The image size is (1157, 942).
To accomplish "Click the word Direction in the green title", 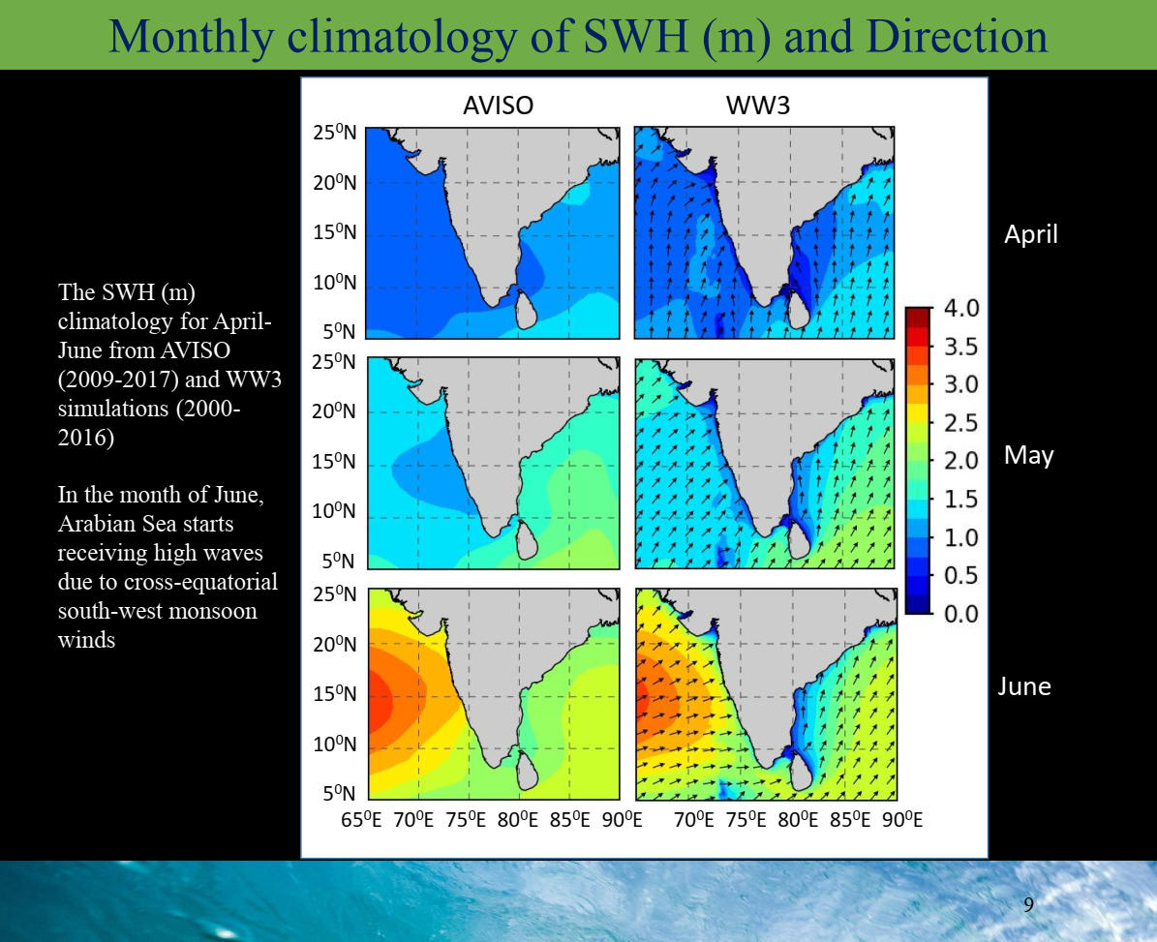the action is pyautogui.click(x=957, y=36).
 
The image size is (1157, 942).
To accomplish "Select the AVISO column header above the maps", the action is pyautogui.click(x=498, y=106).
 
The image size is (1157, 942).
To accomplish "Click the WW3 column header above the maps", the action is pyautogui.click(x=758, y=106).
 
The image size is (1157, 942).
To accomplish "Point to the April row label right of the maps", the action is pyautogui.click(x=1031, y=234).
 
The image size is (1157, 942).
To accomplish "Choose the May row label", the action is pyautogui.click(x=1028, y=456).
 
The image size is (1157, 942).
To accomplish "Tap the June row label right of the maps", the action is pyautogui.click(x=1024, y=686).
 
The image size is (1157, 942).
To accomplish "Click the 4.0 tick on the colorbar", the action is pyautogui.click(x=961, y=308).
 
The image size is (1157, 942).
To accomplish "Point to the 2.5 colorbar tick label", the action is pyautogui.click(x=961, y=423).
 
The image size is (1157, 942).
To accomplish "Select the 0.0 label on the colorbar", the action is pyautogui.click(x=961, y=614).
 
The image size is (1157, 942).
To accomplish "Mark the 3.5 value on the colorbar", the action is pyautogui.click(x=961, y=346).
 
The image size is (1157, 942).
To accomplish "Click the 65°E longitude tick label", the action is pyautogui.click(x=361, y=820).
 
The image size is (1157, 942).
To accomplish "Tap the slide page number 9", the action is pyautogui.click(x=1028, y=903).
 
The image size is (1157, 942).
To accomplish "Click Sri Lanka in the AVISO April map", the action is pyautogui.click(x=526, y=309).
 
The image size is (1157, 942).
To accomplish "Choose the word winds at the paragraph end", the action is pyautogui.click(x=86, y=639).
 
